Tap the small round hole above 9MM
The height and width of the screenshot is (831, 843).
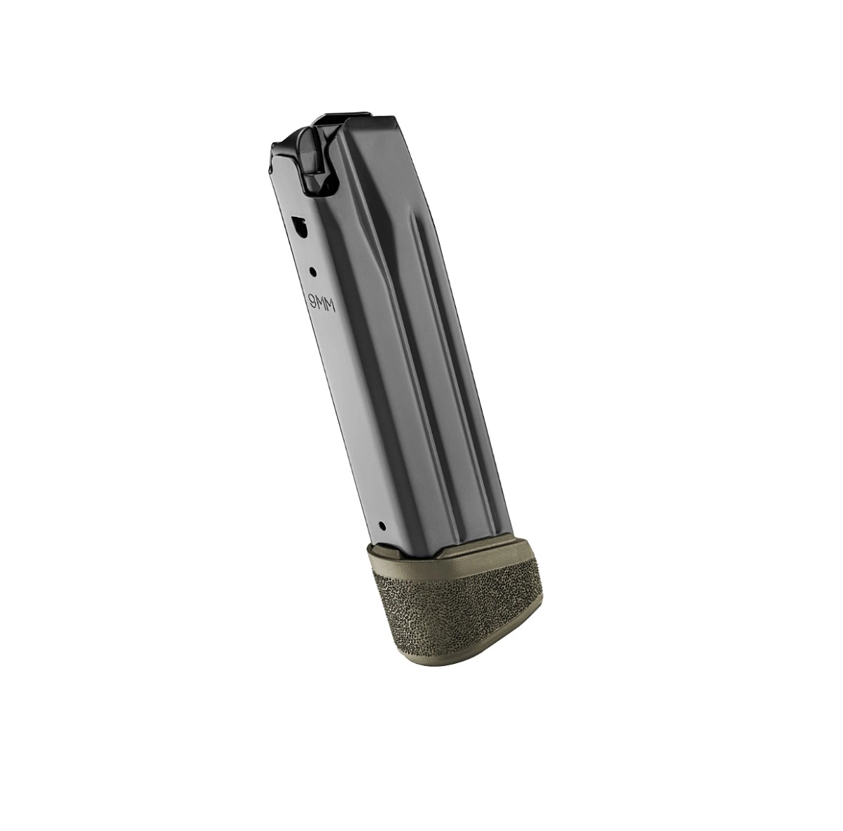click(x=313, y=272)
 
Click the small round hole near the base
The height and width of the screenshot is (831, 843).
click(x=384, y=524)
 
